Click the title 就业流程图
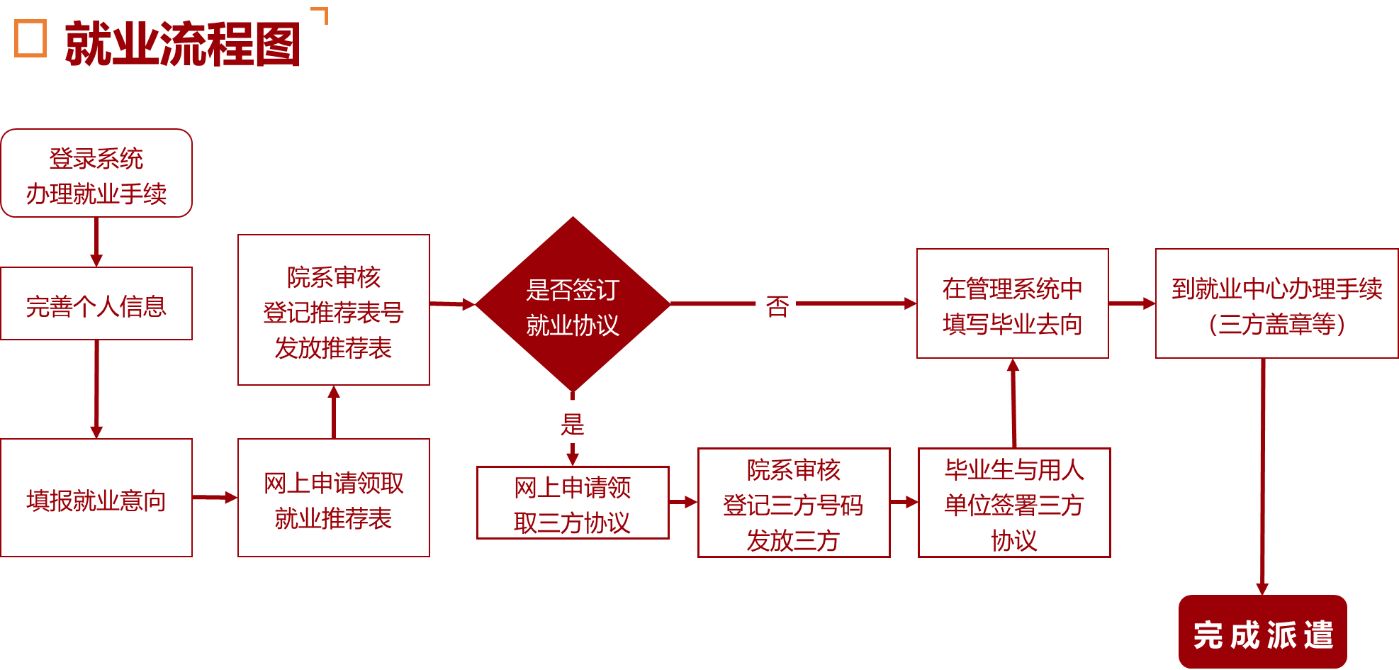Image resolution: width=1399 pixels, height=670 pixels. pyautogui.click(x=182, y=45)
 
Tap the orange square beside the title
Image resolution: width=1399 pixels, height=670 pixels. pyautogui.click(x=30, y=38)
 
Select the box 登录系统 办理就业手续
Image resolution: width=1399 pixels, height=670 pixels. pyautogui.click(x=96, y=174)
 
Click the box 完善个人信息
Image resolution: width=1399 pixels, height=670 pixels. pyautogui.click(x=96, y=304)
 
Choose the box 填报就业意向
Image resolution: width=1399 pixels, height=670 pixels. pyautogui.click(x=96, y=498)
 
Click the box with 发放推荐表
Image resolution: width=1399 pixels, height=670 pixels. pyautogui.click(x=334, y=311)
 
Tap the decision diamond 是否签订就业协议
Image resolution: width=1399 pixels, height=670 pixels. pyautogui.click(x=573, y=305)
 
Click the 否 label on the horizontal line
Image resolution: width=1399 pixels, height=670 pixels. pyautogui.click(x=777, y=306)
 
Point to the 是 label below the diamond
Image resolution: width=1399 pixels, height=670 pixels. pyautogui.click(x=572, y=425)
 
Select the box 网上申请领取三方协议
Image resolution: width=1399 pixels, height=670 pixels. pyautogui.click(x=573, y=503)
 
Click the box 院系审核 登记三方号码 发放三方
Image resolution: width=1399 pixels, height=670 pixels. pyautogui.click(x=794, y=503)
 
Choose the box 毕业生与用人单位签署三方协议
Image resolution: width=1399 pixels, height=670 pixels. pyautogui.click(x=1014, y=503)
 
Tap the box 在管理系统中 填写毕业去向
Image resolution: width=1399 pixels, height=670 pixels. pyautogui.click(x=1013, y=304)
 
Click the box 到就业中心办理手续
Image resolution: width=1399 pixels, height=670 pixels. pyautogui.click(x=1276, y=304)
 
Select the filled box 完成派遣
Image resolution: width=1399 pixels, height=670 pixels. pyautogui.click(x=1262, y=632)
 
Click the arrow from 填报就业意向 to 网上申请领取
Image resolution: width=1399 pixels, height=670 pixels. pyautogui.click(x=215, y=498)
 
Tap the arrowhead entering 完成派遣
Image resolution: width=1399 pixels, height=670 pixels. pyautogui.click(x=1262, y=588)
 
